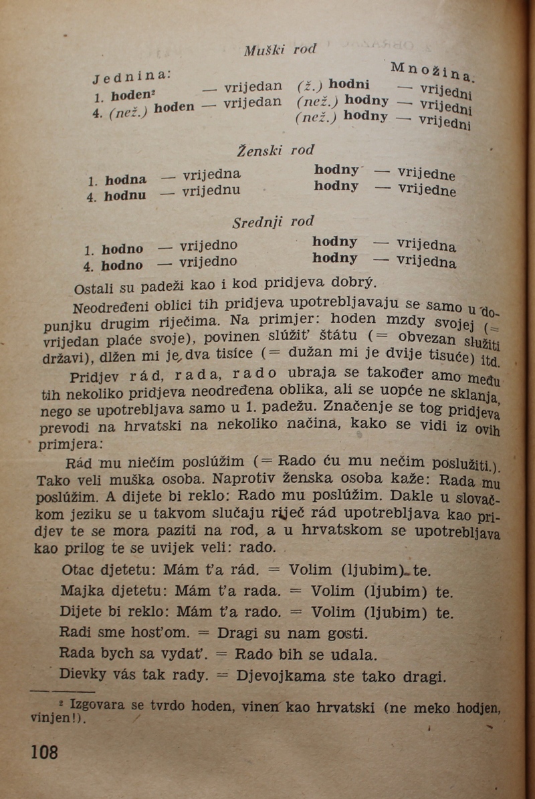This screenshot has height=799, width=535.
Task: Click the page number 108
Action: coord(45,752)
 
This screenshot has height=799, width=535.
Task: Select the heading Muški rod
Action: coord(280,49)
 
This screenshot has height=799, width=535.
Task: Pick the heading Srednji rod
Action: coord(273,221)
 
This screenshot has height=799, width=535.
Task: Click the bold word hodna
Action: coord(126,180)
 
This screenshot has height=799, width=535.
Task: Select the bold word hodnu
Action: coord(125,195)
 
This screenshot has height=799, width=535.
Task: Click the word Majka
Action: coord(80,591)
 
